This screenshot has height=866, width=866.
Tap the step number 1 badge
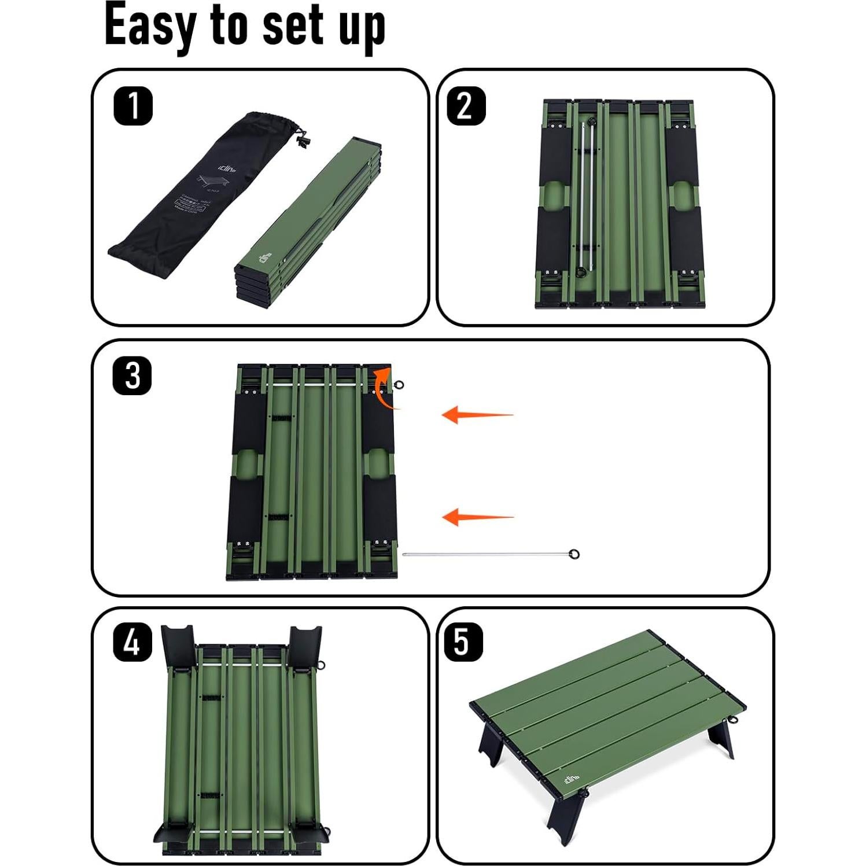tap(133, 106)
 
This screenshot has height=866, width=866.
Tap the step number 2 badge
tap(466, 106)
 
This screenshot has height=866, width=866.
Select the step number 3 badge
tap(132, 376)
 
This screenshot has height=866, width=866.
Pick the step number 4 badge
tap(132, 642)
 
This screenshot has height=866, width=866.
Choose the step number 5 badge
tap(463, 642)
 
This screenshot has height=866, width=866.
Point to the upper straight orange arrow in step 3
tap(477, 415)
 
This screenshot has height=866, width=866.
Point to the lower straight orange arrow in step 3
tap(477, 517)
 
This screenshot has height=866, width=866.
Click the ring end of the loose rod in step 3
tap(573, 554)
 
